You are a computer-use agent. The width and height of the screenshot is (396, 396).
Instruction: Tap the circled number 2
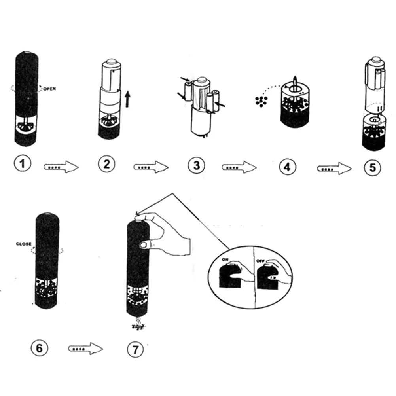[106, 164]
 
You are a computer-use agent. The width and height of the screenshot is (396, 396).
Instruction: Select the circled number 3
[197, 166]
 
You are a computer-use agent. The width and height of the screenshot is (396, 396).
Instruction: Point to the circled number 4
[287, 167]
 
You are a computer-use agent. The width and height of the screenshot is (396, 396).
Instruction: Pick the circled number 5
[373, 168]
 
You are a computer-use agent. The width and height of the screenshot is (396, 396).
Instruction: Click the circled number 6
[39, 348]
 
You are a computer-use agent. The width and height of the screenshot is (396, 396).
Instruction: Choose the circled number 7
[135, 350]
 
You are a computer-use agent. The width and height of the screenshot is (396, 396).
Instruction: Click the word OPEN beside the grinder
[49, 89]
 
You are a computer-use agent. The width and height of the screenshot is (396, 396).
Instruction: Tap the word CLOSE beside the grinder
[24, 244]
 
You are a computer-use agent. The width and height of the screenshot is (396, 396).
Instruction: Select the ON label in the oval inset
[225, 260]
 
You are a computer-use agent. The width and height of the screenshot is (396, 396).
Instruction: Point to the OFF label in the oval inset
[260, 261]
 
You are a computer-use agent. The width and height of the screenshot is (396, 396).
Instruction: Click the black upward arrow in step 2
[128, 99]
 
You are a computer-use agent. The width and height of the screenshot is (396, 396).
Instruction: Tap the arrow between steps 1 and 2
[61, 167]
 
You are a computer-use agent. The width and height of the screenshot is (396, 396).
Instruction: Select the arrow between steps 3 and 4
[239, 167]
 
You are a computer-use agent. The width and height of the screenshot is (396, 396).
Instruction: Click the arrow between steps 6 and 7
[86, 349]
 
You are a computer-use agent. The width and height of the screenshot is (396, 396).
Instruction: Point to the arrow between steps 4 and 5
[334, 169]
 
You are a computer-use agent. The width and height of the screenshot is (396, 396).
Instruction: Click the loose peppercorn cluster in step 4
[261, 101]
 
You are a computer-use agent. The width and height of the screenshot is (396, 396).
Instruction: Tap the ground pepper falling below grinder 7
[138, 324]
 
